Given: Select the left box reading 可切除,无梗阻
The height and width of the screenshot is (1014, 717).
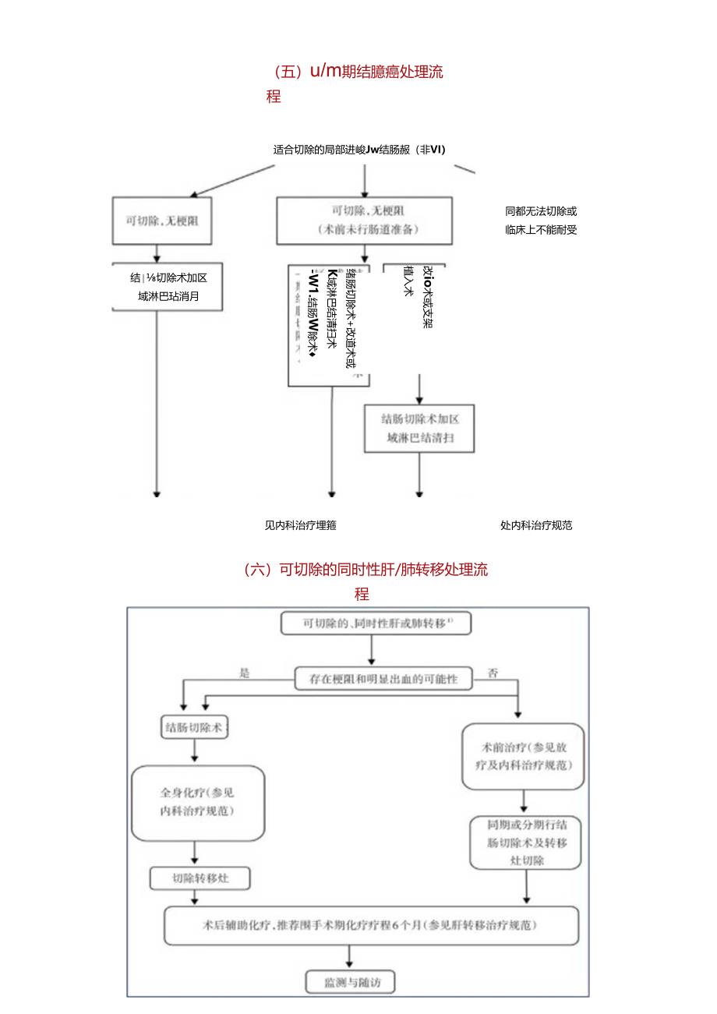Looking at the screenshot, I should (x=158, y=221).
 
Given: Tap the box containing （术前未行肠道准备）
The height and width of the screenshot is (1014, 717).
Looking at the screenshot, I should (x=364, y=219).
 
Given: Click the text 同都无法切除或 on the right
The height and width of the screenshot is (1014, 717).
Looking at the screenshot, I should (x=541, y=211).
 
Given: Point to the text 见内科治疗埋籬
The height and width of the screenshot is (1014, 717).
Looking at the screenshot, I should (x=301, y=525).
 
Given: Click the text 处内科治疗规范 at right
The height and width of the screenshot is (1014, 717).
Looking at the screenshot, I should (x=536, y=525).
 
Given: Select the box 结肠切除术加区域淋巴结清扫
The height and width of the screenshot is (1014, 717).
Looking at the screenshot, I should (x=419, y=428).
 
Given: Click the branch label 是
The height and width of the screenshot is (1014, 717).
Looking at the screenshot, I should (x=245, y=673).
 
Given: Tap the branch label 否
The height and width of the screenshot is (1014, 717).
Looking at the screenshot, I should (x=493, y=673).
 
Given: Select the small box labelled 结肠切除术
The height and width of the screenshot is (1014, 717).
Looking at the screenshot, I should (x=194, y=728).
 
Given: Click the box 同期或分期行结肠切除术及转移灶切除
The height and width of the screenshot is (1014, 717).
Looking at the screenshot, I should (x=526, y=843).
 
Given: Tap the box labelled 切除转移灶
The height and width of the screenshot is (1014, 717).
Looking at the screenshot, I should (x=200, y=878).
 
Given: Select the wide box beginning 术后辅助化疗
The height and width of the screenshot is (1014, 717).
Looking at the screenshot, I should (x=372, y=925).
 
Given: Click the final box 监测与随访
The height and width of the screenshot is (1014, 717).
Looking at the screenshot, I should (x=349, y=981).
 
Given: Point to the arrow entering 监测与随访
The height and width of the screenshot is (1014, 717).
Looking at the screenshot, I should (x=349, y=957).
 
